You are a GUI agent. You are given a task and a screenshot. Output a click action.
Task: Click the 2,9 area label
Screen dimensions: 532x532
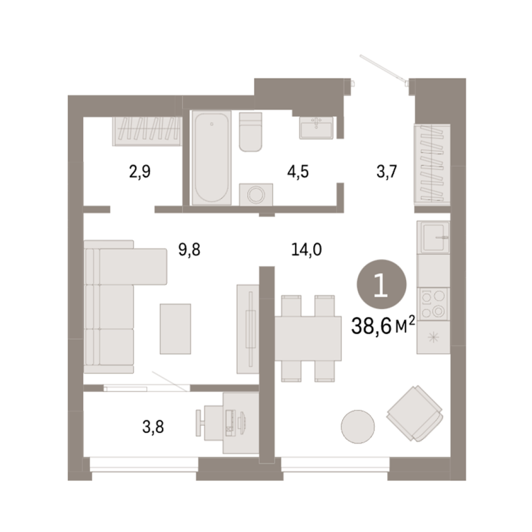[x=139, y=172]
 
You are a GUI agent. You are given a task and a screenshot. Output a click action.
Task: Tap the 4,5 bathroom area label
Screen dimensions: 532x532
[x=298, y=172]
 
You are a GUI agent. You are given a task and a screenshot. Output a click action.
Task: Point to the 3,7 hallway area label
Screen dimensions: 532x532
[x=387, y=172]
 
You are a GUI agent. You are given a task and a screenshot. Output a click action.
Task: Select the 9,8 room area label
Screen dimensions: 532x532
[x=189, y=249]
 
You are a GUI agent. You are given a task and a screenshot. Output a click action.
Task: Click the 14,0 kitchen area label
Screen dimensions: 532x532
[x=306, y=249]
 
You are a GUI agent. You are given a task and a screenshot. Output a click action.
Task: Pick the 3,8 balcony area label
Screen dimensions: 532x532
[x=153, y=427]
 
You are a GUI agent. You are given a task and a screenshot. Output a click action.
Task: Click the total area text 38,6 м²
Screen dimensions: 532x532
[x=383, y=326]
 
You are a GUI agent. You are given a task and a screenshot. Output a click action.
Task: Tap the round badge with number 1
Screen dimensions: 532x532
[x=382, y=284]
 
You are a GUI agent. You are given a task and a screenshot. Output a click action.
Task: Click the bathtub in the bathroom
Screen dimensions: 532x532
[x=211, y=158]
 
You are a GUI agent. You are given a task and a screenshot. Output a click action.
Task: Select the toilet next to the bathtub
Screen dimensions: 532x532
[x=250, y=132]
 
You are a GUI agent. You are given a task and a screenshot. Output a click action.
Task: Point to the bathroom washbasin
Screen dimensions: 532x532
[x=316, y=127]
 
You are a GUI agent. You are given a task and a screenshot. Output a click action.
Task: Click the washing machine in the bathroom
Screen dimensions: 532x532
[x=256, y=195]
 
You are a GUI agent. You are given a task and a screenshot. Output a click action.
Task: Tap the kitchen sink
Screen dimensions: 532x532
[x=433, y=237]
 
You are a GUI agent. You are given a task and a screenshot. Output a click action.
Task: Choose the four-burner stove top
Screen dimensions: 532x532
[x=433, y=304]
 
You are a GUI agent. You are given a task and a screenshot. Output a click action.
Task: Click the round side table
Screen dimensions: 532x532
[x=357, y=427]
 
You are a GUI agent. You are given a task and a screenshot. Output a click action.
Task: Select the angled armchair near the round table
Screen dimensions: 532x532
[x=415, y=414]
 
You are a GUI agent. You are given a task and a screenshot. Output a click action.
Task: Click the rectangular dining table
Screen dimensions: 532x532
[x=308, y=338]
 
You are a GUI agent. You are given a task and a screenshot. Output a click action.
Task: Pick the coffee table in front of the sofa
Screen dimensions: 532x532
[x=175, y=329]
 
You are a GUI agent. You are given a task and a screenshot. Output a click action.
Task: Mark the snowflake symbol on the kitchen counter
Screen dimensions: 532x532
[x=433, y=337]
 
